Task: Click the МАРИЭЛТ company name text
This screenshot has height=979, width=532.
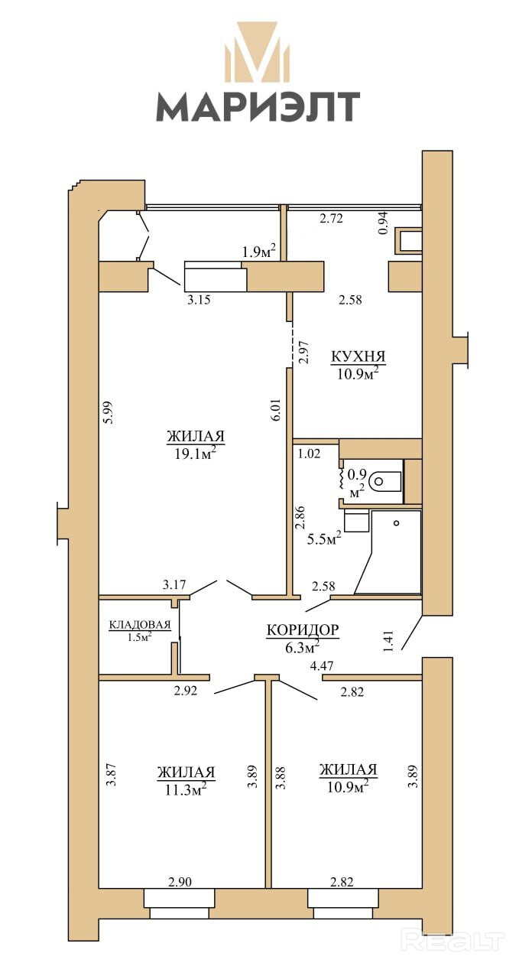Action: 258,106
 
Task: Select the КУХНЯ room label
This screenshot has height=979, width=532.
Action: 358,356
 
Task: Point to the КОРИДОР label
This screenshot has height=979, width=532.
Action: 303,629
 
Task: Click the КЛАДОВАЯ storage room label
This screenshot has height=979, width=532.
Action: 139,625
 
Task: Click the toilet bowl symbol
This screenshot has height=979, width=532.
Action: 385,481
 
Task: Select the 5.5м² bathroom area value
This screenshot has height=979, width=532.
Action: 323,539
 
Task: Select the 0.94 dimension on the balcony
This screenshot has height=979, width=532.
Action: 383,223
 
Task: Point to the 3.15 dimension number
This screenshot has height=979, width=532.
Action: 199,300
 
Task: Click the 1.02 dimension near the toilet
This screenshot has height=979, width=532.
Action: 310,454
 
